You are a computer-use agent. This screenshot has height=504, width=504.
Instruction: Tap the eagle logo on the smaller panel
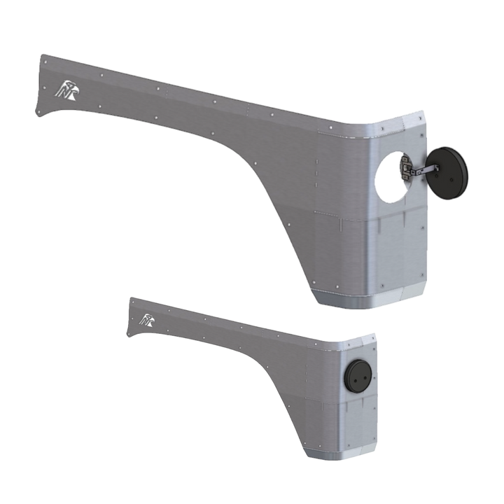pyautogui.click(x=147, y=321)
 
